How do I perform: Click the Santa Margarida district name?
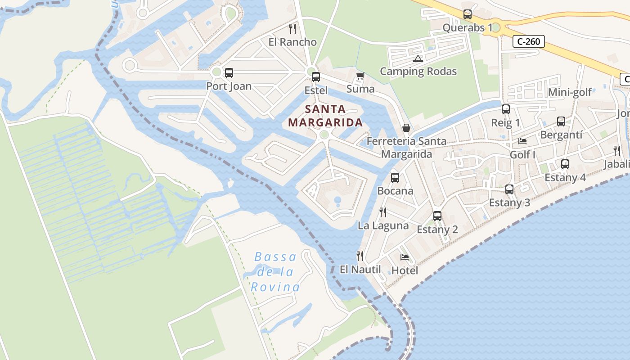tap(325, 116)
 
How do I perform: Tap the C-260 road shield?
tap(529, 42)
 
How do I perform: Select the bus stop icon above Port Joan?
tap(229, 72)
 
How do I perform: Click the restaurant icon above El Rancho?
tap(292, 29)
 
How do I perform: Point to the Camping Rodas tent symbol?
tap(418, 58)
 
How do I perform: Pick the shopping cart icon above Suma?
tap(360, 76)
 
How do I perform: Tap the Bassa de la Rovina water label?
tap(275, 272)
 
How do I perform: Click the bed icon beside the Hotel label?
tap(405, 257)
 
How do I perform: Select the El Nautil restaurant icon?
tap(360, 256)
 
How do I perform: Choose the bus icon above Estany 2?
tap(437, 216)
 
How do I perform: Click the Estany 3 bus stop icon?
tap(509, 189)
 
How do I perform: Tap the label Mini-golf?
tap(570, 93)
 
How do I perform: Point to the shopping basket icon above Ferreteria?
tap(406, 128)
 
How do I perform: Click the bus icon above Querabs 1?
tap(468, 14)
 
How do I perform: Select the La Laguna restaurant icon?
tap(383, 212)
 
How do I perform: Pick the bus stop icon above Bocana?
tap(395, 177)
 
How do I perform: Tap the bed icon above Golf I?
tap(522, 141)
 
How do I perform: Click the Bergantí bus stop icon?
tap(561, 121)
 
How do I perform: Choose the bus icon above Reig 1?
tap(506, 109)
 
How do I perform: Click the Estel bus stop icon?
tap(316, 77)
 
